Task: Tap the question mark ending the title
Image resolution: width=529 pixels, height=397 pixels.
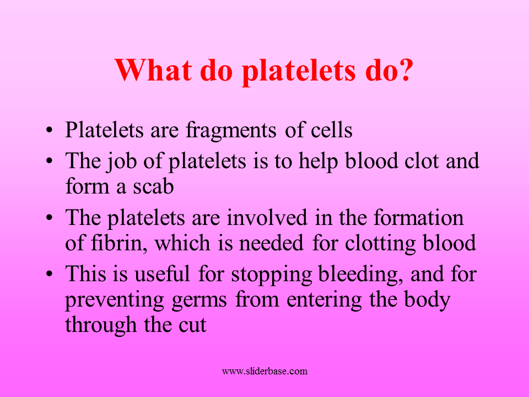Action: (404, 70)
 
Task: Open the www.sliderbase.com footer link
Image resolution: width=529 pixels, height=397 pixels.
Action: (264, 371)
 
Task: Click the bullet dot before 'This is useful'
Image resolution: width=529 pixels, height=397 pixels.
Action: (50, 274)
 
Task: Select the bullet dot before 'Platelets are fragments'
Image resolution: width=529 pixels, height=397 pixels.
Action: (50, 132)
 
